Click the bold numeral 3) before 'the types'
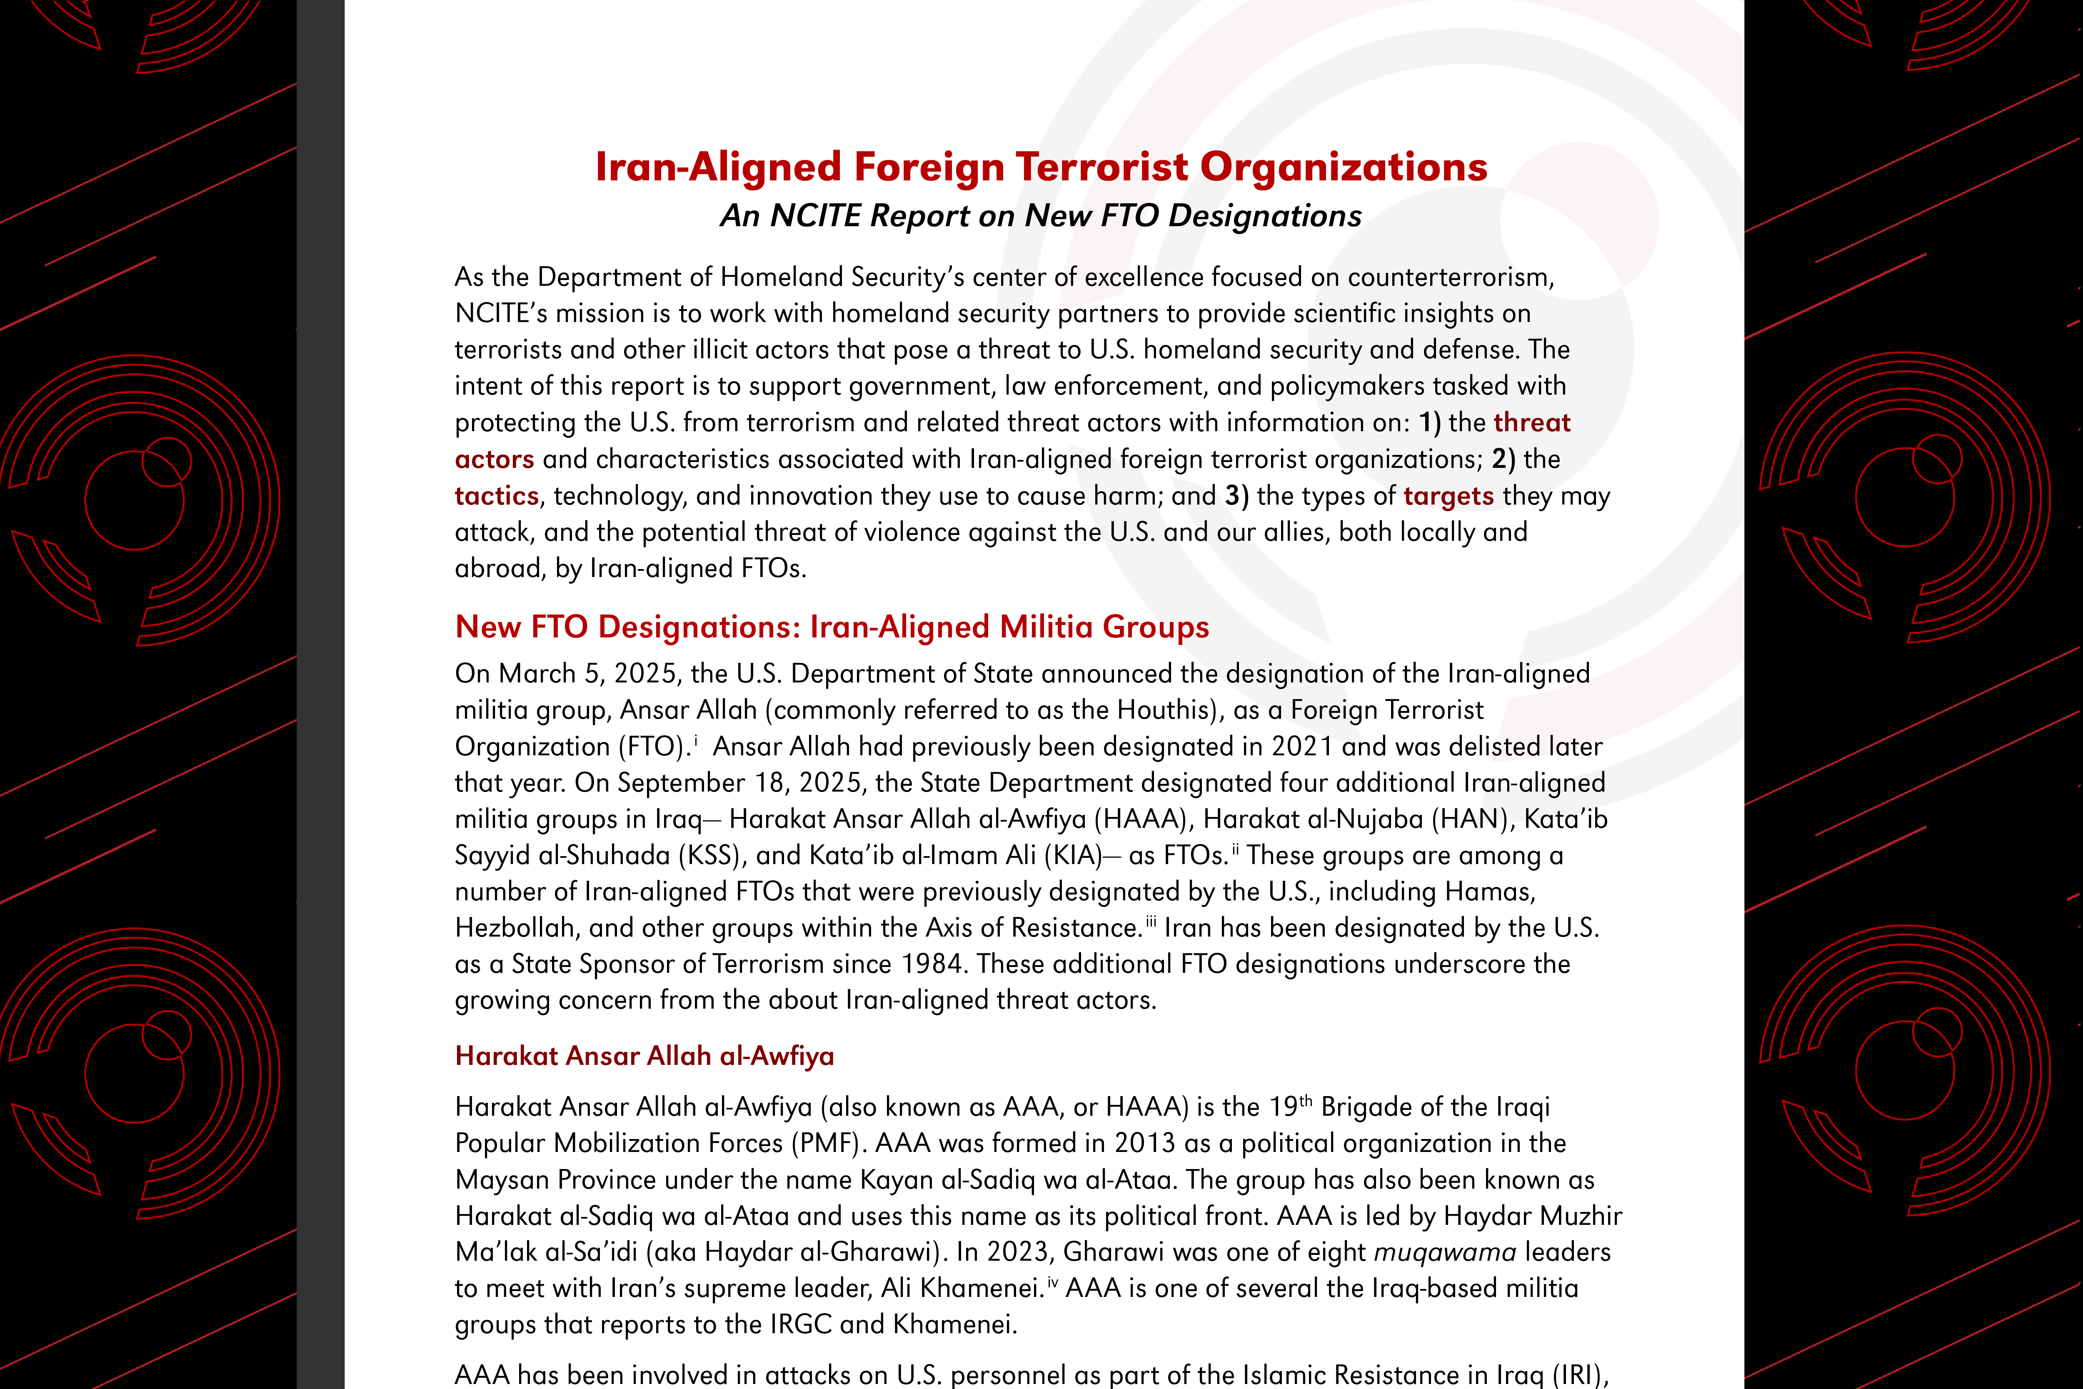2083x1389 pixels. [x=1236, y=496]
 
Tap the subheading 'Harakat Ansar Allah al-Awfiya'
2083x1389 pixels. [x=644, y=1056]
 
